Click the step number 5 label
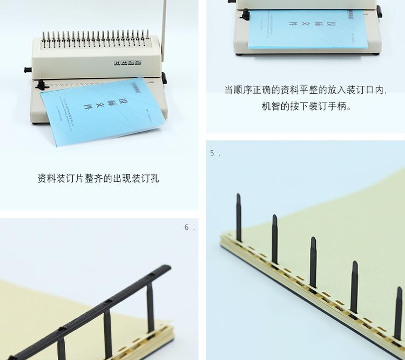pos(214,153)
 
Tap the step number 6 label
pos(188,228)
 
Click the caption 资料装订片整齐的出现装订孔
pos(98,178)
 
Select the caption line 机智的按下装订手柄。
pos(306,106)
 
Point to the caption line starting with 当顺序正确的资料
pos(306,90)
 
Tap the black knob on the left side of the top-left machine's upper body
pos(27,70)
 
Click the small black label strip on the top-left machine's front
pos(127,63)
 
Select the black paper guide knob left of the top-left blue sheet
pos(40,84)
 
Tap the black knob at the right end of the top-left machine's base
pos(164,78)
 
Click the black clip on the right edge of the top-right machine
pos(379,11)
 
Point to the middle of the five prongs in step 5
pos(313,262)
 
